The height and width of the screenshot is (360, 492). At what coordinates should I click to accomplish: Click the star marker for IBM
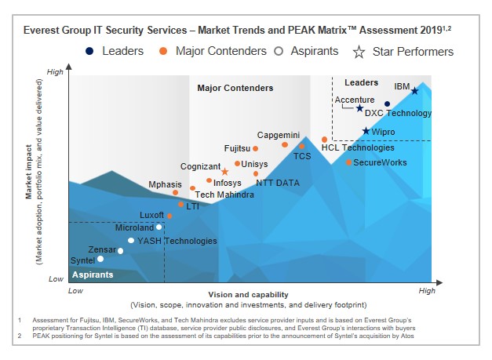pos(415,91)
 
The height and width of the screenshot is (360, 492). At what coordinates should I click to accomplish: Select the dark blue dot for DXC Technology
pos(388,104)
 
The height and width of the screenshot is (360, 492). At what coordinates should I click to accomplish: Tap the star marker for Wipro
pos(366,131)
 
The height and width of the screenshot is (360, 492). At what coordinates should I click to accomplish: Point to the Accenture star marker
pos(359,109)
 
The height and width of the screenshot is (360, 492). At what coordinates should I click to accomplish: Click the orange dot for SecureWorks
pos(349,162)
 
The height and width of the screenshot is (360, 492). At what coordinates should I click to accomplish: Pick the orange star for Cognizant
pos(225,171)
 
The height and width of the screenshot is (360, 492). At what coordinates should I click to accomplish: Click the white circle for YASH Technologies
pos(131,241)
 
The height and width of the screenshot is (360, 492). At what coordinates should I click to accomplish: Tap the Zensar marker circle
pos(120,251)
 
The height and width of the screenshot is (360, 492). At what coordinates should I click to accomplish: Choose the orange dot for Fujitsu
pos(256,148)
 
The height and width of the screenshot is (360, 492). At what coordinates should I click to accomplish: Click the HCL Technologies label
pos(359,147)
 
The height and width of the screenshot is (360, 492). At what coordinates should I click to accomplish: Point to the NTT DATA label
pos(278,183)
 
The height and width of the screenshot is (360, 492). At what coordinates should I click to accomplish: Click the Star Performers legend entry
pos(405,52)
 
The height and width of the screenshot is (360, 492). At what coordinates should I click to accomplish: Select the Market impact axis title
pos(29,174)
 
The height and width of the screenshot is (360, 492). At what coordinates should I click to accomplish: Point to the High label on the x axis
pos(427,291)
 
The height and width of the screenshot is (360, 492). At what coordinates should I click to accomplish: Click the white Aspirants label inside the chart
pos(93,275)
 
